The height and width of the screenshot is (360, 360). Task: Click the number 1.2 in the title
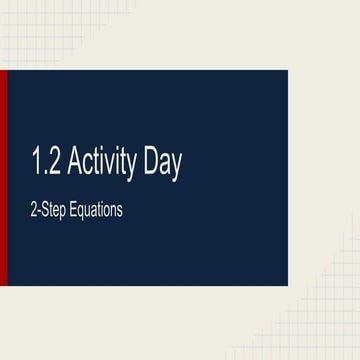(46, 165)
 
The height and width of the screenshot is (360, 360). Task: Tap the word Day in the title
(162, 166)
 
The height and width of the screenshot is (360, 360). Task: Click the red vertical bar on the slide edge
(3, 178)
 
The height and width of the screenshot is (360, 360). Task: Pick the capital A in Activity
(75, 165)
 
